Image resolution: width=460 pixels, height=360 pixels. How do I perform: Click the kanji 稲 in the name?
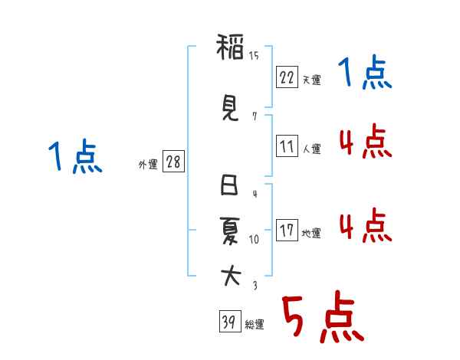click(x=230, y=47)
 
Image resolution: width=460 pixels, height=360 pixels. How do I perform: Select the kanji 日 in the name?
click(x=229, y=185)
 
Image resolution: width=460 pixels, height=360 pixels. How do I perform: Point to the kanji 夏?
click(x=230, y=231)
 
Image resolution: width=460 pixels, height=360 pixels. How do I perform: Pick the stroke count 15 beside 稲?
click(x=254, y=56)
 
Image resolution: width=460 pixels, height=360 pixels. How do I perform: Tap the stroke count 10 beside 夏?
click(x=254, y=240)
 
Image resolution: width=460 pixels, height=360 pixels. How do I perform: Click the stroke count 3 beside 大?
click(x=255, y=285)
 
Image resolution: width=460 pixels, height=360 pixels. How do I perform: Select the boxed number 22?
click(x=287, y=77)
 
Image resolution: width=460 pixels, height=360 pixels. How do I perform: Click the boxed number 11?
click(x=287, y=146)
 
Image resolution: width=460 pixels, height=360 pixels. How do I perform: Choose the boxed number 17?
click(x=287, y=230)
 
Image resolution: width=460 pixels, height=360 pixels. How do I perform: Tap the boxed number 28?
click(x=173, y=161)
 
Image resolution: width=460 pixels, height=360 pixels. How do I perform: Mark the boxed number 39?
click(x=230, y=321)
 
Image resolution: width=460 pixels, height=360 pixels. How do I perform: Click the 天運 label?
click(x=312, y=80)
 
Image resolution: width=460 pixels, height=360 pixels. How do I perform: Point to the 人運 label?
click(x=312, y=149)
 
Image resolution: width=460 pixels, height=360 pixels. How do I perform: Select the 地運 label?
click(x=311, y=234)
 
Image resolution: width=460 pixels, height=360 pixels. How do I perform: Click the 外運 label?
click(x=148, y=165)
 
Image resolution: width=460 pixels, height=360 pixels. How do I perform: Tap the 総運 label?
click(x=255, y=324)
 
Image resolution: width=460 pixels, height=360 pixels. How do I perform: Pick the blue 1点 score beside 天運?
click(x=365, y=72)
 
